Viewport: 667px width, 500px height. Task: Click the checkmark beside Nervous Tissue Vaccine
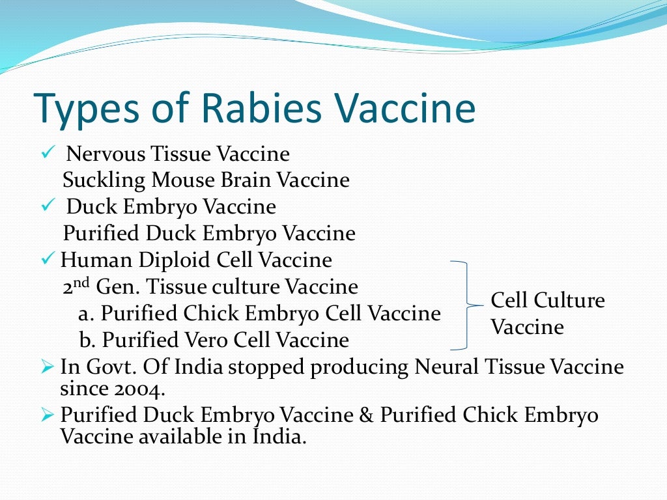click(50, 154)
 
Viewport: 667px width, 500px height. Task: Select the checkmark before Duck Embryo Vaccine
click(50, 206)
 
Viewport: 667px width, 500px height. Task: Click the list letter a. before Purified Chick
click(87, 314)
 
